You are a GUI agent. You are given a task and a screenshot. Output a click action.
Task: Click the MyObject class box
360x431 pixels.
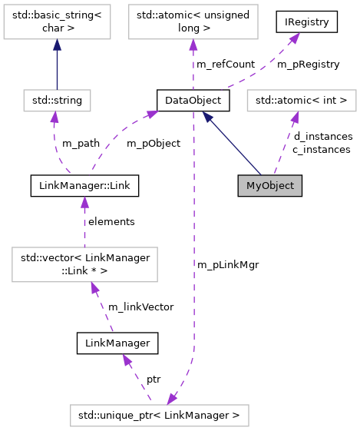[269, 186]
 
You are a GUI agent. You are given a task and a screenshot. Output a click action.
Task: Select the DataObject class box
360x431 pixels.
[189, 100]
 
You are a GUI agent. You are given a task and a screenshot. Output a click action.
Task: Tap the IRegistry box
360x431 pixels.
[307, 22]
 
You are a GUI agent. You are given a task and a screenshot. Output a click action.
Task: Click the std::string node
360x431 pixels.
[58, 100]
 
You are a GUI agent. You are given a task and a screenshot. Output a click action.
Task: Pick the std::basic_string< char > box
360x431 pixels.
[58, 22]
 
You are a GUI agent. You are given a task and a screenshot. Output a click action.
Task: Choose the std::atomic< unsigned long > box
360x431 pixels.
[189, 22]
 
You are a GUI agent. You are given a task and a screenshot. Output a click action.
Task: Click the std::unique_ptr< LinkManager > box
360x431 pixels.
[159, 416]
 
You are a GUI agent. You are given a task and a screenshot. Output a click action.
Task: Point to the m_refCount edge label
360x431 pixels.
[226, 65]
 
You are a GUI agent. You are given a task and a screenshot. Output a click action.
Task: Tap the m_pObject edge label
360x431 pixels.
[153, 143]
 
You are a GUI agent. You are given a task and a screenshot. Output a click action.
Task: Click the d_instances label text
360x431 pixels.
[322, 137]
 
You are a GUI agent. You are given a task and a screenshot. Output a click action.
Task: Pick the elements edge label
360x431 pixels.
[111, 221]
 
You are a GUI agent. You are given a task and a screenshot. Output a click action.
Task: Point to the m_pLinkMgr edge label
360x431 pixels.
[228, 264]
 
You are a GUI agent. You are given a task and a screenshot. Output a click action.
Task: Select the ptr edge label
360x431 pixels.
[154, 380]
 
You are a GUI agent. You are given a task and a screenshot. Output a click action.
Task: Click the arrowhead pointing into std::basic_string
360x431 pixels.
[58, 45]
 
